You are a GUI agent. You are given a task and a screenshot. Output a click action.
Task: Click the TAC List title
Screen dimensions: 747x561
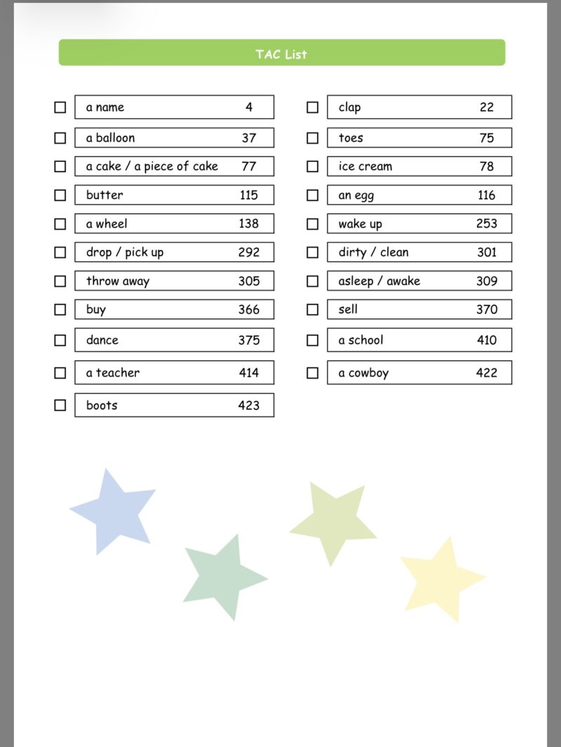(281, 54)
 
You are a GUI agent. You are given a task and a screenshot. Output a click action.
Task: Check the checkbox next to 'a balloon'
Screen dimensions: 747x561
(60, 137)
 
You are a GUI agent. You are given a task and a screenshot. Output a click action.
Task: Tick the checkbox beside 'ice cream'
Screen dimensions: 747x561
(313, 166)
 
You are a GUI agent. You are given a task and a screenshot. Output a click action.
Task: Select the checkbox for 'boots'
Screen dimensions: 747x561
(60, 405)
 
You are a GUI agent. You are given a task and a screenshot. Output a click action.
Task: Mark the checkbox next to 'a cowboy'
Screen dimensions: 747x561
(313, 372)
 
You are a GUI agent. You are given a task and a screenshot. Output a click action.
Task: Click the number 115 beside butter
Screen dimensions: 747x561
(249, 195)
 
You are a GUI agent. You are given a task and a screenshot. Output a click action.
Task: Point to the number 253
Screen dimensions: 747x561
(486, 224)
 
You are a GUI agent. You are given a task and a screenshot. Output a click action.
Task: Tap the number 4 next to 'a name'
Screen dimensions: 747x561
(249, 107)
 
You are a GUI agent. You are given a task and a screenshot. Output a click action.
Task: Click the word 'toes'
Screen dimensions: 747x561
(351, 137)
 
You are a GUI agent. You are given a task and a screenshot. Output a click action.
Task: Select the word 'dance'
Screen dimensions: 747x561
(102, 340)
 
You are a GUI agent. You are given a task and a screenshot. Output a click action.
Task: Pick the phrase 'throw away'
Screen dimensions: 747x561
(118, 281)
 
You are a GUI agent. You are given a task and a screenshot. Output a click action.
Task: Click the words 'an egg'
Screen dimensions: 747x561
(356, 196)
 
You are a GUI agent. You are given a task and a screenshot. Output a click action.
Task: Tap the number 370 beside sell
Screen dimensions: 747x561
(487, 309)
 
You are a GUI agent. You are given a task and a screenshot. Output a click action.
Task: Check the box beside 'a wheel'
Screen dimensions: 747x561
(60, 224)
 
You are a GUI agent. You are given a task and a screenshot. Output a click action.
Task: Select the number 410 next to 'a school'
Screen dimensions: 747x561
(487, 340)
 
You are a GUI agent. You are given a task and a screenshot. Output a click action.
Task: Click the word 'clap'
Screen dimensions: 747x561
(349, 107)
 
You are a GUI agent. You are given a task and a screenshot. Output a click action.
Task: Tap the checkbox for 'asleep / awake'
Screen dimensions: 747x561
(313, 281)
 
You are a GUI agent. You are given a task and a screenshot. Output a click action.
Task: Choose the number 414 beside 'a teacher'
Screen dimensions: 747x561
(249, 372)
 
